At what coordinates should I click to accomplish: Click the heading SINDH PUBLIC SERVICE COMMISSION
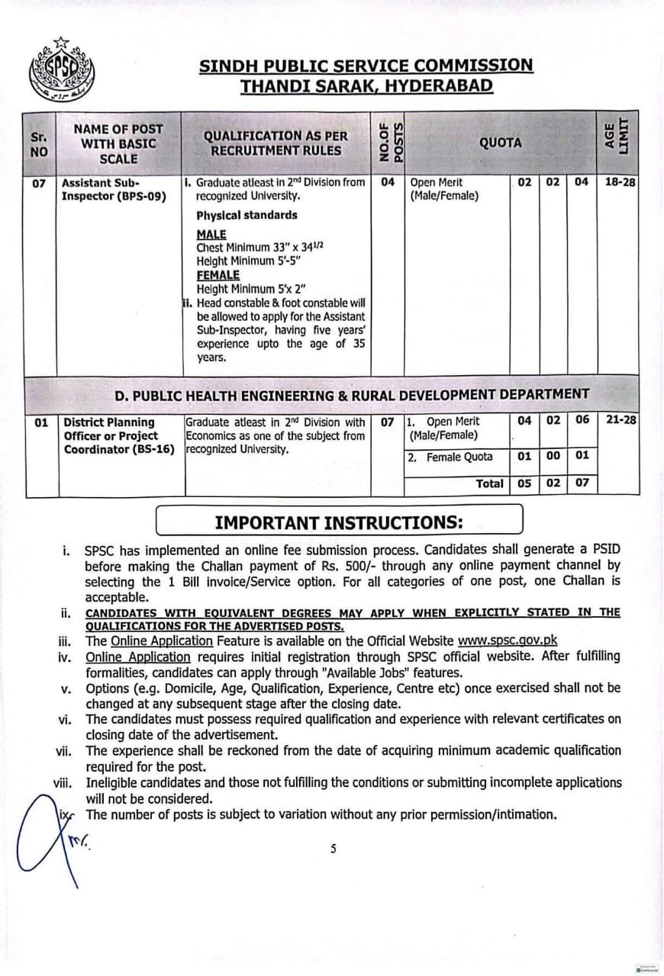(366, 66)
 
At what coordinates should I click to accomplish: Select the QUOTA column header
(500, 143)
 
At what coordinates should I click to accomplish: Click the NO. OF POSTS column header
(389, 143)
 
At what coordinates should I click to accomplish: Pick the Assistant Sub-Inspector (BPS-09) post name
(114, 190)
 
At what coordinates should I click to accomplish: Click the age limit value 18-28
(620, 183)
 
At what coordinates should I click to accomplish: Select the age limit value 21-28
(620, 420)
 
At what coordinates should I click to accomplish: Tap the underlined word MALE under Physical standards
(211, 235)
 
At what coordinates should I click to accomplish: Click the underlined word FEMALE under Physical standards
(218, 275)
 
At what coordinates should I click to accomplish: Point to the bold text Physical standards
(247, 216)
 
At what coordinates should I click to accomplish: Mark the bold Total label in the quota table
(489, 483)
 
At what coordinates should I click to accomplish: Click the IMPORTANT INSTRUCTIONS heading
(339, 522)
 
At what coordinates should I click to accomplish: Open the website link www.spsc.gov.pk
(501, 640)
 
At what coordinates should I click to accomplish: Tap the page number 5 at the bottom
(333, 849)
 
